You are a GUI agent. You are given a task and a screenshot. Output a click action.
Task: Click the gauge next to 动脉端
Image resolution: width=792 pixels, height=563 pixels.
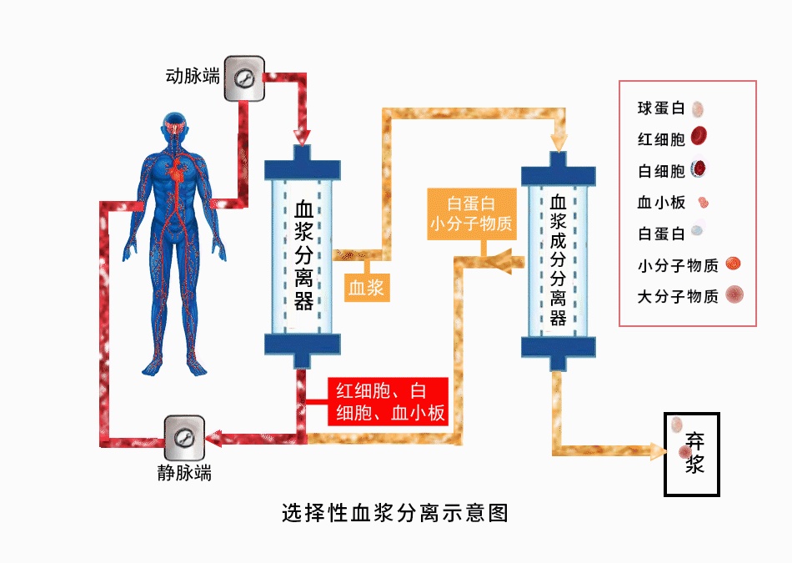244,78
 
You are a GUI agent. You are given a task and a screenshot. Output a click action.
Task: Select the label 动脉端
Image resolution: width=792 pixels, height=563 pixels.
193,78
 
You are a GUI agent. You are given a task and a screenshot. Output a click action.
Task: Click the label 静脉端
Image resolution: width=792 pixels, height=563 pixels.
184,473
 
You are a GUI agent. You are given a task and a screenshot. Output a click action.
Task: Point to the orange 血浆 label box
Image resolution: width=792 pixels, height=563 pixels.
366,289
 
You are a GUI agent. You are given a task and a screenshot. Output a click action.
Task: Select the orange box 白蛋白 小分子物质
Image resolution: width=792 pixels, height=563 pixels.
470,214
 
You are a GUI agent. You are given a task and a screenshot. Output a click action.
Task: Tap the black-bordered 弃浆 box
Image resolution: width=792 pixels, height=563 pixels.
691,454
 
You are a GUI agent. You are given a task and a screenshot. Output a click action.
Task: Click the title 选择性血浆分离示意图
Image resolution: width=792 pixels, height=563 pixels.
396,512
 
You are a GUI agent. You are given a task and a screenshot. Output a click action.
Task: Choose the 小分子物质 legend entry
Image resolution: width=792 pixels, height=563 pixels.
678,266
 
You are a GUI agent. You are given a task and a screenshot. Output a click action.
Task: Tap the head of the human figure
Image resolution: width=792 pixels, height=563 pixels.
176,123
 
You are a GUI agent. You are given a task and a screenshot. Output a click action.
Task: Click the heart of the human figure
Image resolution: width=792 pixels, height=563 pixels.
178,171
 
